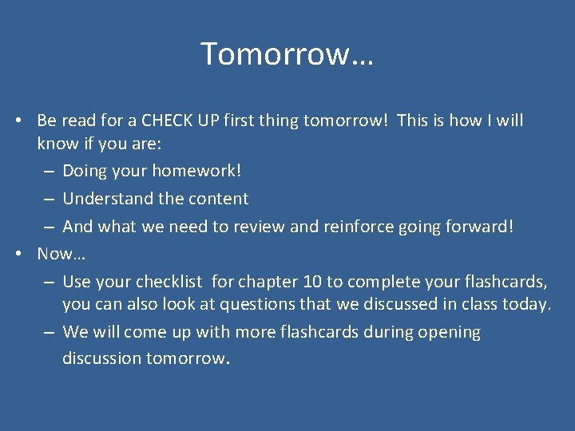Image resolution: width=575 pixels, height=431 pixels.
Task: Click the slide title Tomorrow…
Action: (x=287, y=54)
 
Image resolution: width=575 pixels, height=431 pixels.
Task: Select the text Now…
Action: (x=61, y=254)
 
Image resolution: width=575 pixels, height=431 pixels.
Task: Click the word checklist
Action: (x=170, y=281)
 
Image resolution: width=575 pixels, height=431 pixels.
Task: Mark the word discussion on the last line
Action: (x=101, y=358)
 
